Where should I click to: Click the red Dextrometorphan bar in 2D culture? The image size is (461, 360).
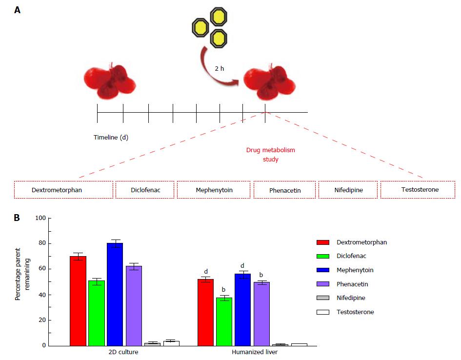(x=78, y=301)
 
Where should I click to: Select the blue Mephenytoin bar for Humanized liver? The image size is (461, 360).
(x=242, y=310)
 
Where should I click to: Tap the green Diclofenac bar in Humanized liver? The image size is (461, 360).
(x=224, y=322)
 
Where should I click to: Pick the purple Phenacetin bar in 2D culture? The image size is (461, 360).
(x=134, y=306)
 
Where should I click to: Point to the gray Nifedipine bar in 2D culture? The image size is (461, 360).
(x=153, y=344)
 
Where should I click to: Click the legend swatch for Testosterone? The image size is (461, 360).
(x=323, y=312)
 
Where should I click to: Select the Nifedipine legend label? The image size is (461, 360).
(x=351, y=298)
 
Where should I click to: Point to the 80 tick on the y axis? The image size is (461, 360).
(x=49, y=243)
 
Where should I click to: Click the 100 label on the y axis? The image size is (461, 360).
(x=40, y=218)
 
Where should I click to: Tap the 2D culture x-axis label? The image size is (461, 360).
(x=123, y=352)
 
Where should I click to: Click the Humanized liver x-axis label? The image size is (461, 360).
(x=255, y=352)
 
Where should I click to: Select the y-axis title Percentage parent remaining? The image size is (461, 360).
(x=22, y=274)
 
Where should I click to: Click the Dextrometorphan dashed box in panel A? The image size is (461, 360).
(x=63, y=190)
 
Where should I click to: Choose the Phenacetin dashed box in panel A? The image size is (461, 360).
(x=284, y=190)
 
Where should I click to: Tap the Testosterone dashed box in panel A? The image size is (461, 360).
(x=418, y=190)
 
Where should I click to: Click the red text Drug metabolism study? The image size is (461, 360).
(x=270, y=155)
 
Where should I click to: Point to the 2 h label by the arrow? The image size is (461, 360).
(x=220, y=68)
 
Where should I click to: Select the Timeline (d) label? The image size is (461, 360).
(x=111, y=137)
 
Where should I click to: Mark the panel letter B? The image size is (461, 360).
(x=17, y=218)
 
